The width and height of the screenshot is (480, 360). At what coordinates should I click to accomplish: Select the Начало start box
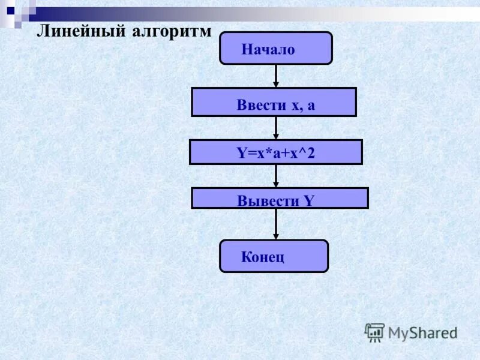275,48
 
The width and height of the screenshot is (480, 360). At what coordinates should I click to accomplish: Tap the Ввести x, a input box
274,102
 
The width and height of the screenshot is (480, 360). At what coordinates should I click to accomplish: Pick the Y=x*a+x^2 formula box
275,152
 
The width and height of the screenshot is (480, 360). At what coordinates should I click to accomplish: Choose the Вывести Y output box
280,199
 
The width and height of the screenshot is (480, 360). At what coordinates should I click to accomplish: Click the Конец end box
274,256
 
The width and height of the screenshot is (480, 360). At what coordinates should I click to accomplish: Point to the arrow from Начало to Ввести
276,76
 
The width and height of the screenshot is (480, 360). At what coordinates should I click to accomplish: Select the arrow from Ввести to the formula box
276,128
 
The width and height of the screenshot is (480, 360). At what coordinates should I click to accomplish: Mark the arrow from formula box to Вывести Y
276,176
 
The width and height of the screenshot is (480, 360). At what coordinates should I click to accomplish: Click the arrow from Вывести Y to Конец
276,224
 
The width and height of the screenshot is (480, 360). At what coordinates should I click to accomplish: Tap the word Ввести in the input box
261,106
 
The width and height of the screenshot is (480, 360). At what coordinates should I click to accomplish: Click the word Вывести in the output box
268,202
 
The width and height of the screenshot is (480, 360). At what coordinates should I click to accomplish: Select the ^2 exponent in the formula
308,154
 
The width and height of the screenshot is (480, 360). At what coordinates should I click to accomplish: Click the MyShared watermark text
422,332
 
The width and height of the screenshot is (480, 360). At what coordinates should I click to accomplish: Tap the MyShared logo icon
374,332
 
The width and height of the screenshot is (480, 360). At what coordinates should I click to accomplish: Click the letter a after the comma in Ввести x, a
311,106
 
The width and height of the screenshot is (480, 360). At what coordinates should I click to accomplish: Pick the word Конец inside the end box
262,258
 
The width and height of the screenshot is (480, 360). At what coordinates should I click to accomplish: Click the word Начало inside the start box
268,50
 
